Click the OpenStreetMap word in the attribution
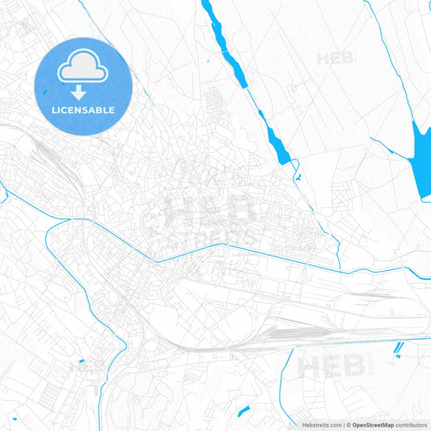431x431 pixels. (371, 425)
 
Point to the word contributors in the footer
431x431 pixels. (411, 425)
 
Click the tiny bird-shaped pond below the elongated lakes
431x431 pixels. (298, 175)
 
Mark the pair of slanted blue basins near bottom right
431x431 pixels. (399, 349)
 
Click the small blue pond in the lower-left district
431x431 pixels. (82, 360)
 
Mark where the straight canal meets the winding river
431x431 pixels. (153, 259)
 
